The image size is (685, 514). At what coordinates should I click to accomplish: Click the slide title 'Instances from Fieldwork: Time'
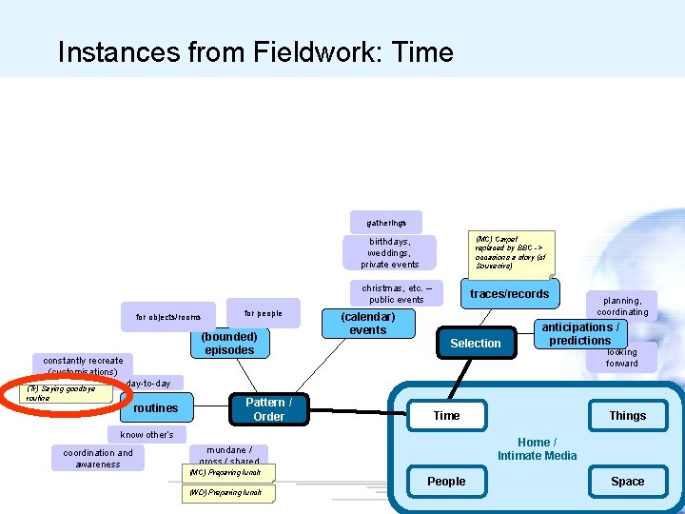coord(255,51)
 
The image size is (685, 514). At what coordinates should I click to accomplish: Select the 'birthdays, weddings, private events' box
coord(390,253)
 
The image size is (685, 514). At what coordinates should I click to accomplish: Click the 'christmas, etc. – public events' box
coord(397,293)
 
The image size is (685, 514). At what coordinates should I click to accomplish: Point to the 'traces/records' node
coord(509,294)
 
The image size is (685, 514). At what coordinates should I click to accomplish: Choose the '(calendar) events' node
coord(368,324)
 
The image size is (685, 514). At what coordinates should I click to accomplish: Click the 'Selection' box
coord(475,344)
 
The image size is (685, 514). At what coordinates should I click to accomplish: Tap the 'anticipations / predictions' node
coord(579,334)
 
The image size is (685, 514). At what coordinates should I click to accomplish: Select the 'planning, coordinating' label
coord(622,306)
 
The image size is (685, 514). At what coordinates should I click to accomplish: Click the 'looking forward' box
coord(622,357)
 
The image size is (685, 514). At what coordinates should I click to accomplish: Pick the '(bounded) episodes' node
coord(229,344)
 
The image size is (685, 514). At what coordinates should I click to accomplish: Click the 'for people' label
coord(264,312)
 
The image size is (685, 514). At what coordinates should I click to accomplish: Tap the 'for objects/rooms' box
coord(168,317)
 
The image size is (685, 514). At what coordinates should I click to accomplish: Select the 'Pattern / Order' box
coord(268,409)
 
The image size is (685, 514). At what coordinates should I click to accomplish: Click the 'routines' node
coord(156,408)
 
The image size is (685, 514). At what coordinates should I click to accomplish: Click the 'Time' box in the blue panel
coord(446,416)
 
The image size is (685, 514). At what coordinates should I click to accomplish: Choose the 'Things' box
coord(627,416)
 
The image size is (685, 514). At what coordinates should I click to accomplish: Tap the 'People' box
coord(446,482)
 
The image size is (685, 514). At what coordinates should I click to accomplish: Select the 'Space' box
coord(627,482)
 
